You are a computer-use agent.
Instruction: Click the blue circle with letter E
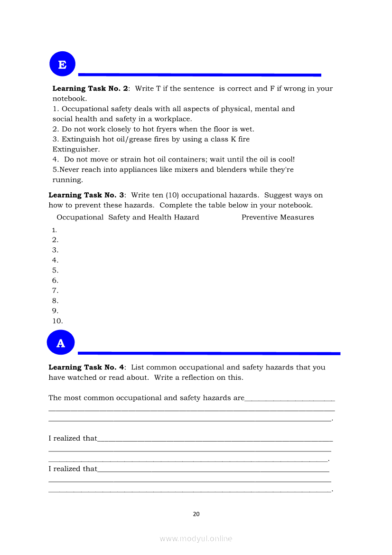(x=62, y=64)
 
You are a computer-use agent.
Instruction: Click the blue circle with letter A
(x=61, y=343)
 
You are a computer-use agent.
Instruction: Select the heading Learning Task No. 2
(x=90, y=88)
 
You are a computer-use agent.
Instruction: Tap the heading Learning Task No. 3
(x=86, y=195)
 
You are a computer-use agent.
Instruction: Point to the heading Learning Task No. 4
(x=86, y=367)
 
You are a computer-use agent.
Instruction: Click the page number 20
(x=196, y=514)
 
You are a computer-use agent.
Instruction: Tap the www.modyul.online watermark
(x=196, y=538)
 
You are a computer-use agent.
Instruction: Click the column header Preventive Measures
(x=278, y=217)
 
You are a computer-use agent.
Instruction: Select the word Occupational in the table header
(x=80, y=217)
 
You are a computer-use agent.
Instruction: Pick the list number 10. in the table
(x=57, y=321)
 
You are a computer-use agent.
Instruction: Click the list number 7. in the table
(x=55, y=291)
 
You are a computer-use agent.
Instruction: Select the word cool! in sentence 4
(x=286, y=160)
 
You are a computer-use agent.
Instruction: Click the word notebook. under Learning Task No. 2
(x=69, y=99)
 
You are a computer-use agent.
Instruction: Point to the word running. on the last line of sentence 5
(x=67, y=180)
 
